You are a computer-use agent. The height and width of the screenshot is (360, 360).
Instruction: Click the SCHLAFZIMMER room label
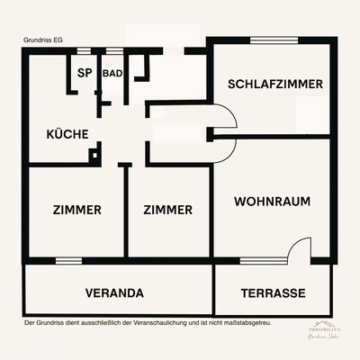coord(275,84)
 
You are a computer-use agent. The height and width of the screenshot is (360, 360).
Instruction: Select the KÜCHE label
coord(67,134)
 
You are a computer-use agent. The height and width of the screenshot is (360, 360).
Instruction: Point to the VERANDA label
coord(114,293)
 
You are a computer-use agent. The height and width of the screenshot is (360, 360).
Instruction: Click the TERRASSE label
coord(274,293)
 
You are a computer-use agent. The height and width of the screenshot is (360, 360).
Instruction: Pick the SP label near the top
coord(85,73)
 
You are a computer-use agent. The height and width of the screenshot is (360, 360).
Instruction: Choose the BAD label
coord(113,73)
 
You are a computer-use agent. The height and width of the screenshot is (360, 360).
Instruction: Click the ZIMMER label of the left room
coord(76,210)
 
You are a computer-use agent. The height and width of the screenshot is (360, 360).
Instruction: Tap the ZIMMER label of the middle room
coord(168,210)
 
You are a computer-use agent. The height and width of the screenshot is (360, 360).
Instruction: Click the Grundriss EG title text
coord(44,40)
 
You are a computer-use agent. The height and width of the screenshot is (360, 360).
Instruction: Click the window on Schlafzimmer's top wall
coord(269,40)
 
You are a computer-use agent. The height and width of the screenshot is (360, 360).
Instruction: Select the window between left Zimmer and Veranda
coord(68,261)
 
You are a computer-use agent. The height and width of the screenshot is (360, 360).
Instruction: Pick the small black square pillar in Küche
coord(93,156)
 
